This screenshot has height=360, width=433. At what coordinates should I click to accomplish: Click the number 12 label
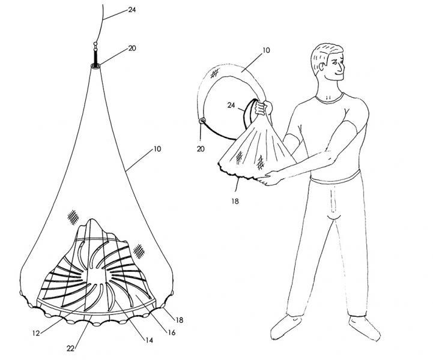coord(36,333)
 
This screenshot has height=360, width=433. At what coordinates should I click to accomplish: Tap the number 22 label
coord(71,349)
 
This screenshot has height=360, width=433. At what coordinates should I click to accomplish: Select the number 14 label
coord(149,340)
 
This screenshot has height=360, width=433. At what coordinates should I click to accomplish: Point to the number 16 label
coord(172,332)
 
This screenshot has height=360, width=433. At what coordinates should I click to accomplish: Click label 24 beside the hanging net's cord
coord(132,10)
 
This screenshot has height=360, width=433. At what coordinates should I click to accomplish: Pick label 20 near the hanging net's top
coord(132,48)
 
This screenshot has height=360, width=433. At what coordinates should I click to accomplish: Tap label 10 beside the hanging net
coord(157,149)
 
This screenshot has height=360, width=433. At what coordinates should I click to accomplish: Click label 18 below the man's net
coord(235,202)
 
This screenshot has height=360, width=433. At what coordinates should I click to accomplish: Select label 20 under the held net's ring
coord(201,149)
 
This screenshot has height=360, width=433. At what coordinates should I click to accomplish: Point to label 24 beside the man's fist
coord(231,105)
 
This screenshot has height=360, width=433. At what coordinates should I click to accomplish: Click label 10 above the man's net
coord(266,50)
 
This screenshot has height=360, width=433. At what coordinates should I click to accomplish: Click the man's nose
coord(342,67)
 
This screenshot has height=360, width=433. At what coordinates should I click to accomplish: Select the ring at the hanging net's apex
coord(95,66)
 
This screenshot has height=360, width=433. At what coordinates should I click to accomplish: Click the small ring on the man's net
coord(203,120)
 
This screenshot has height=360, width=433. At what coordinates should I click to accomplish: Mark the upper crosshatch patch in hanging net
coord(73,217)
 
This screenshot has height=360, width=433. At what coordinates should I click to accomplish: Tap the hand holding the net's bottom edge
coord(272,178)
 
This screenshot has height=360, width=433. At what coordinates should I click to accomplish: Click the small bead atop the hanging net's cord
coord(95,44)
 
